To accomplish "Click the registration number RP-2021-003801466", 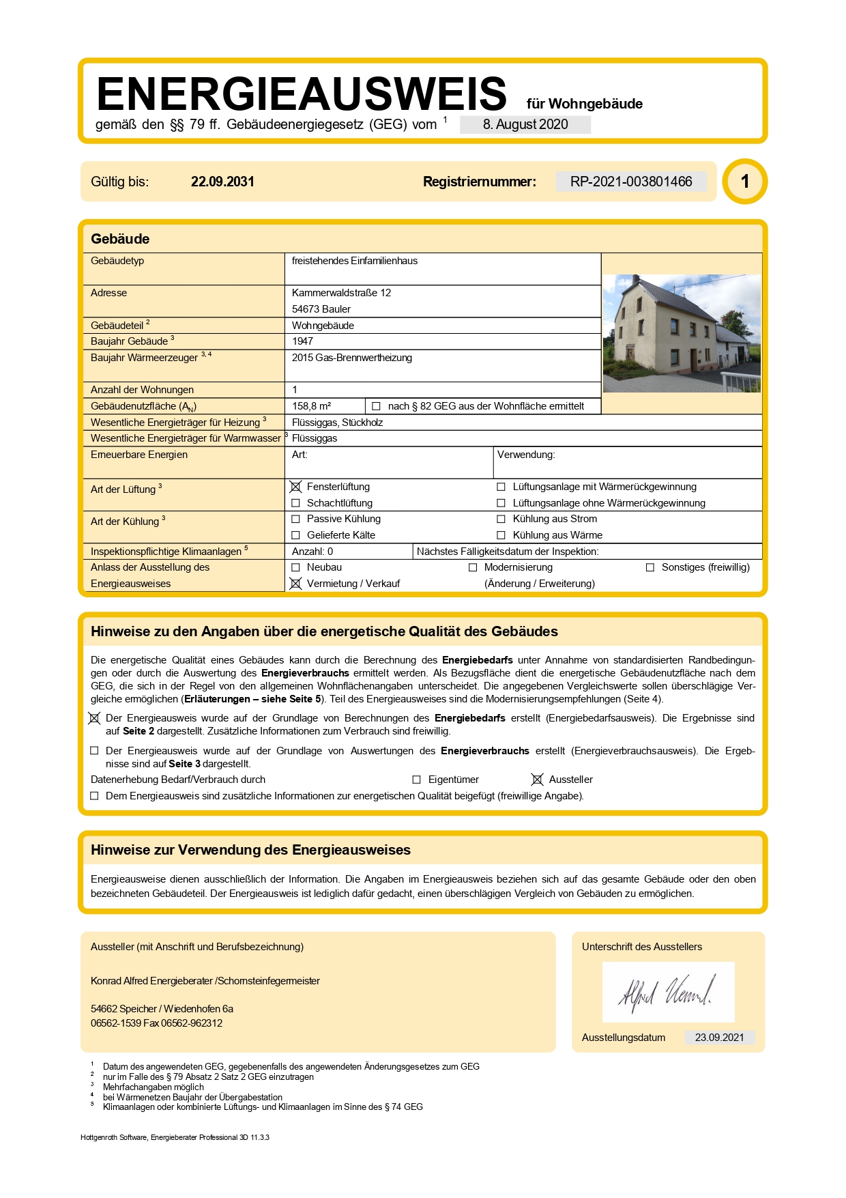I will (x=631, y=182).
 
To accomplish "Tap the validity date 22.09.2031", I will (x=222, y=182).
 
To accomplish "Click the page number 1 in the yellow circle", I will (x=745, y=182).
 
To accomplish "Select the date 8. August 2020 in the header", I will (x=525, y=124).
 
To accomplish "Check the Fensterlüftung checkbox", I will (x=295, y=487).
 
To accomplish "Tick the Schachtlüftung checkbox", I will (x=295, y=503).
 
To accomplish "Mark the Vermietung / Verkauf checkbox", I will (x=295, y=584).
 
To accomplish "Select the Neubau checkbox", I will (x=295, y=567).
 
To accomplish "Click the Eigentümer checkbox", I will (x=416, y=780).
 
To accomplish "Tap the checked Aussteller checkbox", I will (x=537, y=780).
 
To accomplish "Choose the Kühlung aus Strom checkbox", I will (x=501, y=519).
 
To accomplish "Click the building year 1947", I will (x=302, y=341).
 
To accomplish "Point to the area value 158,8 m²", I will (x=311, y=406).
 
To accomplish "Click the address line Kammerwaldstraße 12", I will (x=341, y=293).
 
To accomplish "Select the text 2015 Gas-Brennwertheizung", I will (x=351, y=358).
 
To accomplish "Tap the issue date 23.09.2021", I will (x=719, y=1038).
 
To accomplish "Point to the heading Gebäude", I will (x=120, y=239).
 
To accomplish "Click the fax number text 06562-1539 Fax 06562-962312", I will (x=156, y=1023).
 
